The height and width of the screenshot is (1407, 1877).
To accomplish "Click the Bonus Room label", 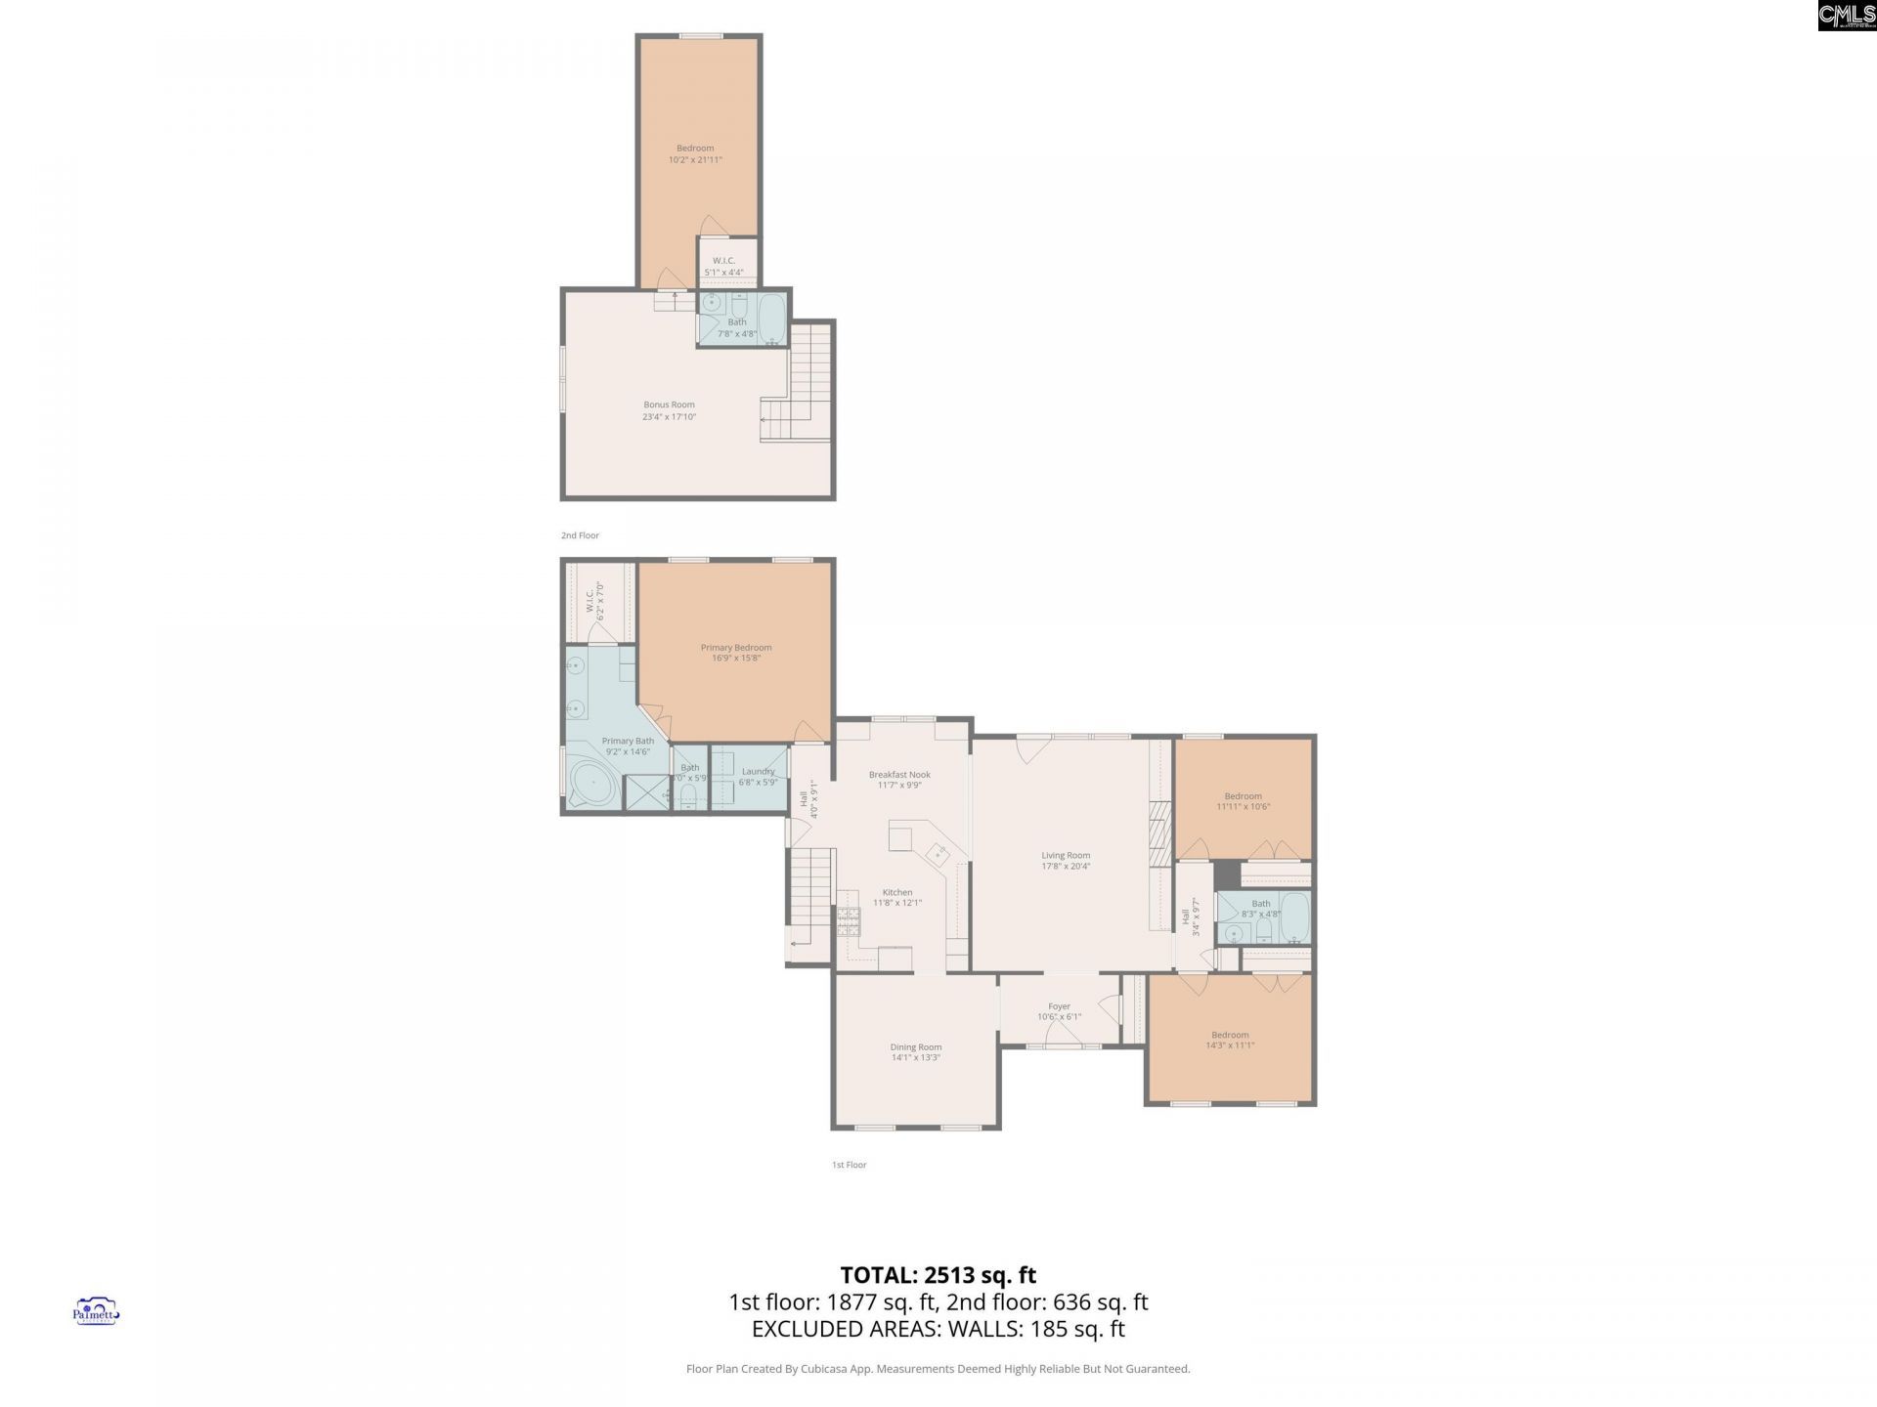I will [669, 405].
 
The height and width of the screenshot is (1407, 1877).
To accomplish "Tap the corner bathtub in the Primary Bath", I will [592, 783].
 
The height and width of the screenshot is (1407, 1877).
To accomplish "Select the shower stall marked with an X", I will [646, 792].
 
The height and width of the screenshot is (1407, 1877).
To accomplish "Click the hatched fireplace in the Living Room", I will [1159, 833].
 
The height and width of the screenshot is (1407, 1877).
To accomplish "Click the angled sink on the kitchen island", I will [938, 854].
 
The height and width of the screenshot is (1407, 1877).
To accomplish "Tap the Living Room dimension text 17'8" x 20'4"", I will [1066, 867].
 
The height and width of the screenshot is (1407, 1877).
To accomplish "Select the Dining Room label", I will [916, 1046].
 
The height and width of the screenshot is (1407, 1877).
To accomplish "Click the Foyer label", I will [1060, 1006].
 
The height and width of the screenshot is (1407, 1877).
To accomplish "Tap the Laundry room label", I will [759, 771].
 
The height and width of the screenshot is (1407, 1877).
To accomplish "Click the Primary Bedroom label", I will [736, 647].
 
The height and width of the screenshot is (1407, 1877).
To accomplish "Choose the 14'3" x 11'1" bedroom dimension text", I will [1230, 1045].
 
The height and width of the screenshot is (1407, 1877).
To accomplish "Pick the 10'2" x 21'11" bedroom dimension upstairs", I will [695, 159].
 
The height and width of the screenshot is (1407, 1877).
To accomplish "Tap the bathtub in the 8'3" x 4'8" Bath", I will [1294, 916].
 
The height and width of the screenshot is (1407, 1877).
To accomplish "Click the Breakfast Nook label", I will [899, 774].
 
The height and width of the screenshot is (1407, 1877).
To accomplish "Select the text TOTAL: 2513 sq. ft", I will [938, 1275].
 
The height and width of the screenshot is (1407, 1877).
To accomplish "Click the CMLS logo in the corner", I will [1846, 16].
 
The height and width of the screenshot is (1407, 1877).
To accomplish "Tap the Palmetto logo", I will [96, 1311].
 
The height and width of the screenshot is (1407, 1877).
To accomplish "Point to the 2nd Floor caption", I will [580, 535].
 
